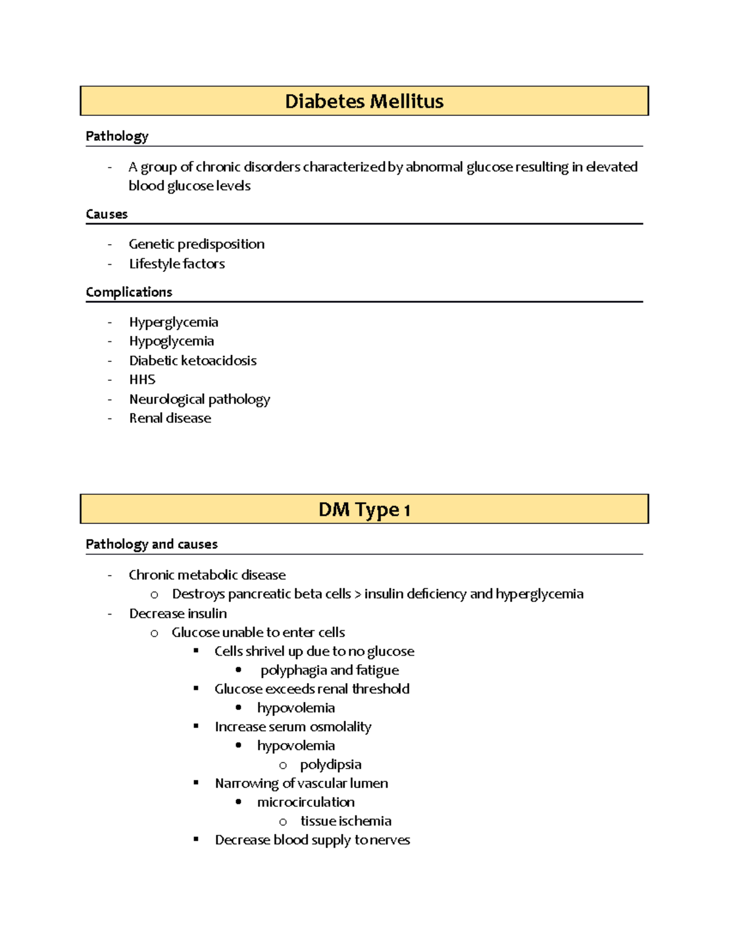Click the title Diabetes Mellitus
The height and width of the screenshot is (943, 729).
click(364, 101)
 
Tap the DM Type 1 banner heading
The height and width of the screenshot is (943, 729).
click(364, 509)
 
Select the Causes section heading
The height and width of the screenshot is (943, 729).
click(106, 214)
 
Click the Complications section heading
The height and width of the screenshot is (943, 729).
click(129, 292)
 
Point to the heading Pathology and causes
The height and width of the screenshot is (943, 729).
click(151, 544)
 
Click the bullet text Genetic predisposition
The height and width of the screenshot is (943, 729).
click(196, 244)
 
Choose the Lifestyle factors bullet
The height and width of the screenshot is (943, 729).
click(177, 264)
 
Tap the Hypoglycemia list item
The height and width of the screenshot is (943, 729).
click(171, 341)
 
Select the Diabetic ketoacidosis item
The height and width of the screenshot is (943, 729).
click(193, 361)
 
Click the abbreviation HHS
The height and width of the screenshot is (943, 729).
click(142, 380)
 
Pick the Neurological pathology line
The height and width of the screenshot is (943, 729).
click(199, 399)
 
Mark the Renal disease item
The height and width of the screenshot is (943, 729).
click(170, 418)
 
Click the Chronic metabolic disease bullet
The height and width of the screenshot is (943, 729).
click(207, 575)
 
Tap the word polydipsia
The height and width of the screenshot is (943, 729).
click(330, 764)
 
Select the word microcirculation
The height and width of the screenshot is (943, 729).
click(306, 802)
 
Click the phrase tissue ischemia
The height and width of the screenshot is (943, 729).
click(346, 821)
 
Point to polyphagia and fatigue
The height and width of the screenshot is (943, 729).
click(329, 670)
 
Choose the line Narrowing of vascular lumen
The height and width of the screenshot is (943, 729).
click(301, 783)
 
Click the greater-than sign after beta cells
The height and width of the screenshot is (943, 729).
click(358, 594)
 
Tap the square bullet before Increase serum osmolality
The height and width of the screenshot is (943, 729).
click(196, 726)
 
